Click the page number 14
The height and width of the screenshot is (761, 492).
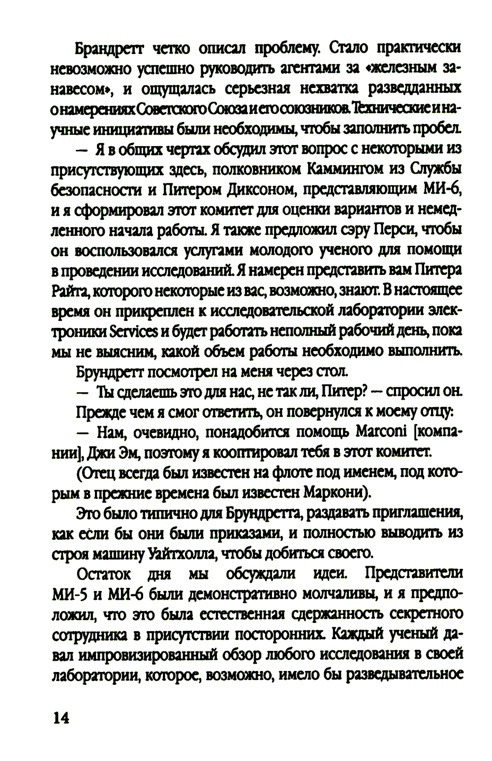[61, 718]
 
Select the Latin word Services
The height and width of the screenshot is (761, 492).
[134, 332]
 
